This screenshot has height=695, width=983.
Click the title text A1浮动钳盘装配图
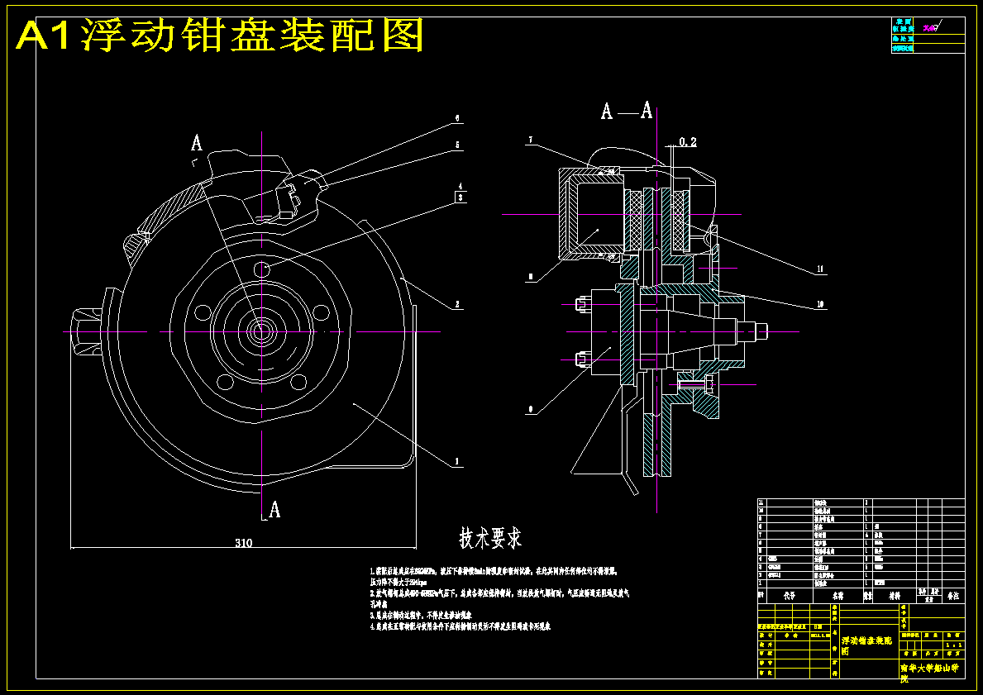click(220, 36)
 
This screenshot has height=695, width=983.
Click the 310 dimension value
click(243, 543)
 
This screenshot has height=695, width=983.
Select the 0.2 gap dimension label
click(687, 142)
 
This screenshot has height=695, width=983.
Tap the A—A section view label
click(626, 111)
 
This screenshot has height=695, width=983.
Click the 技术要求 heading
click(491, 539)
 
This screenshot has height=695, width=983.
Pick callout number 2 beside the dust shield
click(457, 305)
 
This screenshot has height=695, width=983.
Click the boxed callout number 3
click(460, 198)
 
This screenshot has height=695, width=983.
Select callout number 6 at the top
click(457, 118)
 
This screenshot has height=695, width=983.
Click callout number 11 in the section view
click(819, 269)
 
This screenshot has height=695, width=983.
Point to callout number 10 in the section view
click(819, 304)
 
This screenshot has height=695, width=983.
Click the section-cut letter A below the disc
click(274, 510)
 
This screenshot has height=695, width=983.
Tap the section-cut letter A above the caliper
click(197, 143)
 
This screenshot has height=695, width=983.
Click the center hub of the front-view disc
click(261, 331)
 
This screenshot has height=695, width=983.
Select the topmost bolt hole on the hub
click(262, 269)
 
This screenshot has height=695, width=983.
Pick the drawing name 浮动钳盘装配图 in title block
click(866, 645)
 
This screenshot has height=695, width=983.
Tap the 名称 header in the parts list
click(837, 594)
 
